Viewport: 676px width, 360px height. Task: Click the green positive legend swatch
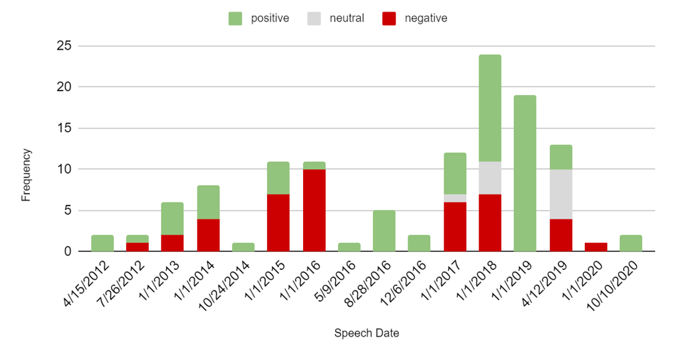click(x=236, y=19)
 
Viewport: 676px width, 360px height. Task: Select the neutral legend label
click(x=347, y=18)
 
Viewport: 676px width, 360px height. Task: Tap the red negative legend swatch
click(x=389, y=19)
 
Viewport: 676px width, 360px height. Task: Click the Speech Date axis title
click(x=366, y=333)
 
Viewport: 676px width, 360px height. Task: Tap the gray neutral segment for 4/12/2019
click(x=561, y=194)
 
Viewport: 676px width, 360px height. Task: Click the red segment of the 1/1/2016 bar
click(x=314, y=210)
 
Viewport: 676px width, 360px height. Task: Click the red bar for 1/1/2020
click(x=596, y=247)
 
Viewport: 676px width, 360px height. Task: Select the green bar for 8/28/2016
click(x=384, y=231)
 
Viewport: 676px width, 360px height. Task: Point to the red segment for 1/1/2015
click(x=278, y=223)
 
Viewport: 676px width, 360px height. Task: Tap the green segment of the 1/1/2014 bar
click(x=208, y=202)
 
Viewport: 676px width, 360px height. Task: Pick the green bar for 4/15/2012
click(x=103, y=243)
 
